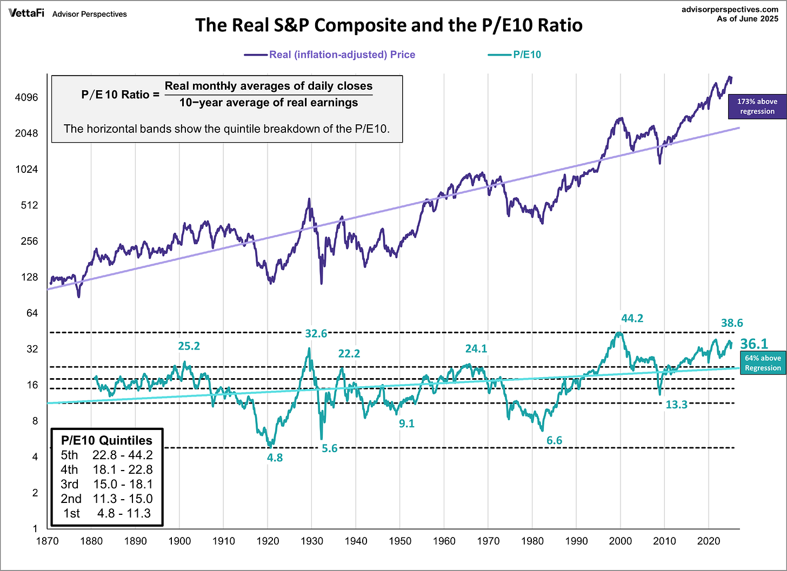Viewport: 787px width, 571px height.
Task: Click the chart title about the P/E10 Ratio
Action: (389, 25)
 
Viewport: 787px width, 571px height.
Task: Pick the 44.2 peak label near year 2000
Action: (632, 318)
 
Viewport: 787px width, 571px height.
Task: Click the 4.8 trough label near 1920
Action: (275, 458)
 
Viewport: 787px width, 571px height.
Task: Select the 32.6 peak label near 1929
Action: (316, 333)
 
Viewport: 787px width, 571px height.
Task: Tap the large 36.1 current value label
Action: (753, 344)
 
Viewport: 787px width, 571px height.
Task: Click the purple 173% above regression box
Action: (757, 106)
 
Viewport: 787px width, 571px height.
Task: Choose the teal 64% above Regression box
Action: (763, 363)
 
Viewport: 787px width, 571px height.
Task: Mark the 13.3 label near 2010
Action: (676, 404)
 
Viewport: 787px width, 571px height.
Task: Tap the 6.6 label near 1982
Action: (554, 440)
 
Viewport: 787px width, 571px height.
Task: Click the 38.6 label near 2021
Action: (732, 323)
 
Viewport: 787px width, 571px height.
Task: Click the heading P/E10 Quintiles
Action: (106, 440)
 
